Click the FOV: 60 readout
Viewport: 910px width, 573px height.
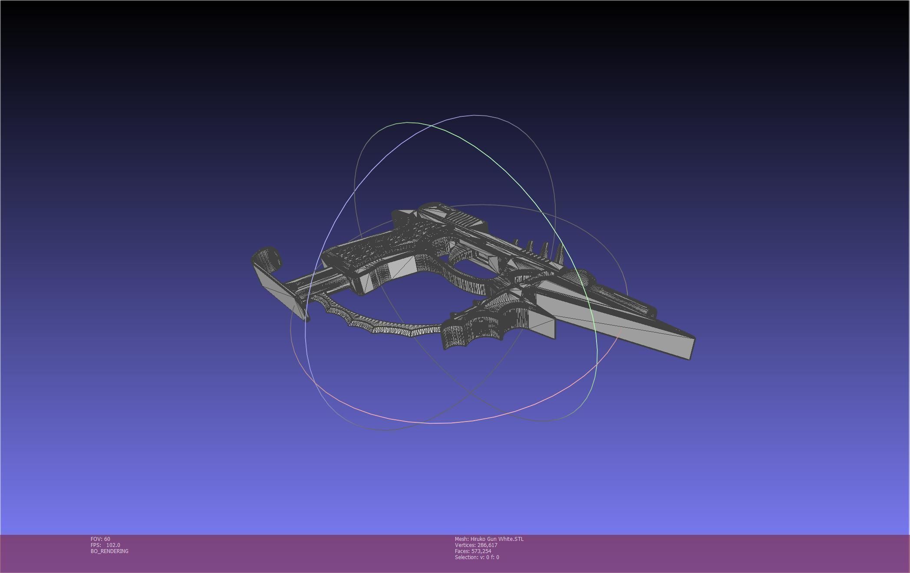(x=100, y=539)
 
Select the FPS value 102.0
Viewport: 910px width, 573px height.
(x=113, y=545)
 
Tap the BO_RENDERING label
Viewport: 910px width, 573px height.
(x=109, y=551)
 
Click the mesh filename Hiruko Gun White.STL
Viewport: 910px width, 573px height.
(x=497, y=539)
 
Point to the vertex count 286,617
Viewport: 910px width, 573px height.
(x=487, y=545)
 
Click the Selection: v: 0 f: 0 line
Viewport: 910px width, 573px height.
(x=477, y=557)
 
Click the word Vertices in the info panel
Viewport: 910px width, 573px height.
(x=465, y=545)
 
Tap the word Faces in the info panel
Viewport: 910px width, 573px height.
(x=462, y=551)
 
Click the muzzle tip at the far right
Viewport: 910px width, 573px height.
(x=691, y=347)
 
